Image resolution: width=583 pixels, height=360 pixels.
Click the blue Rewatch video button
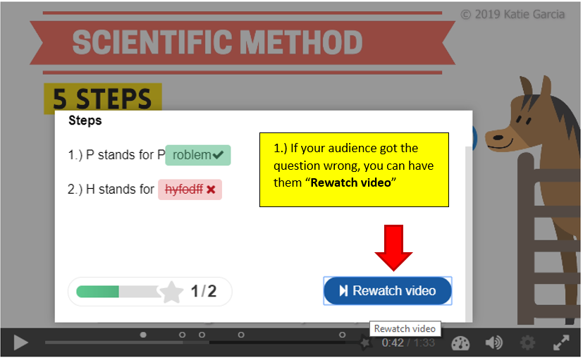(388, 291)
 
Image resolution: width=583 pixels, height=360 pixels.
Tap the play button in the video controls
(21, 342)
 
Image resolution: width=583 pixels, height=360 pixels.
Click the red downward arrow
(394, 248)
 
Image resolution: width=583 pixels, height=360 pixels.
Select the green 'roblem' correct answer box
(198, 155)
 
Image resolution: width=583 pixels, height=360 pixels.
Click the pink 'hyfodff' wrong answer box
(190, 190)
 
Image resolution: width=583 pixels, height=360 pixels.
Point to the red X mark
(211, 190)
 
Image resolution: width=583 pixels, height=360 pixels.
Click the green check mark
(219, 154)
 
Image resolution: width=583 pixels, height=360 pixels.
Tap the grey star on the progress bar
(171, 292)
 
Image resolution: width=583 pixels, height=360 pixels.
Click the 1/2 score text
(204, 292)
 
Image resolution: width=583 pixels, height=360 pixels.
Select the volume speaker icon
(493, 342)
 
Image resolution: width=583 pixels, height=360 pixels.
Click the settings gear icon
(527, 342)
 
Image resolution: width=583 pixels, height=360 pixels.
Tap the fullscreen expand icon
(561, 342)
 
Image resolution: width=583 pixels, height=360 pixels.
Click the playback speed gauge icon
(460, 343)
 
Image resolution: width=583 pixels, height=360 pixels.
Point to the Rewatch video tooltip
(405, 329)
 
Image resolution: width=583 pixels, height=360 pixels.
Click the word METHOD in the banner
(301, 42)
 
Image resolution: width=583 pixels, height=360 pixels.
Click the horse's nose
(497, 138)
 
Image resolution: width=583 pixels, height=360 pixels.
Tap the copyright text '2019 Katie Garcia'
(520, 15)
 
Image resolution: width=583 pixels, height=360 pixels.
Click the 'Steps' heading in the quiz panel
(85, 120)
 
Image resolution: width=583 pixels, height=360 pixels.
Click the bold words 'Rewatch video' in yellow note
(350, 182)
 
